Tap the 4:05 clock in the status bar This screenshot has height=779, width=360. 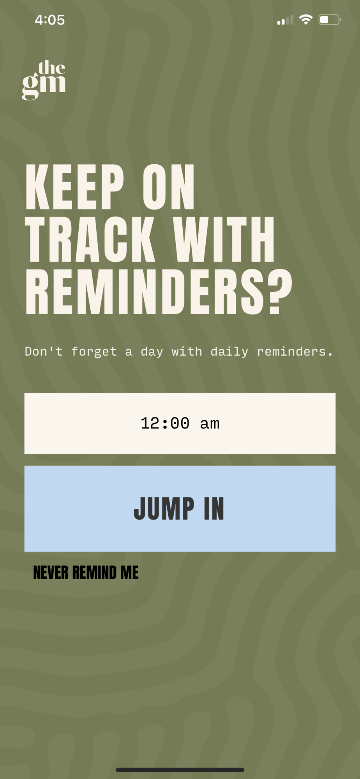[x=50, y=20]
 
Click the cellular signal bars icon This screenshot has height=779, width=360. [x=285, y=20]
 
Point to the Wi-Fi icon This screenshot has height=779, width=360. [x=306, y=19]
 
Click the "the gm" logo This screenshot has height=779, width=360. [x=44, y=80]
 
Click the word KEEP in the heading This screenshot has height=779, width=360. [x=74, y=187]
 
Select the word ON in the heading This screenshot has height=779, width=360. [x=168, y=187]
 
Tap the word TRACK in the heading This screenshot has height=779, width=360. [x=90, y=239]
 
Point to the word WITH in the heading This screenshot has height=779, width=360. [x=224, y=239]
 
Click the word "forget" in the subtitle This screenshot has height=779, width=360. [x=94, y=352]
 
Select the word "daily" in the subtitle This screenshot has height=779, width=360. [x=229, y=352]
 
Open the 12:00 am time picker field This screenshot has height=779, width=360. [x=180, y=423]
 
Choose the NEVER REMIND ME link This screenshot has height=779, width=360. [x=86, y=573]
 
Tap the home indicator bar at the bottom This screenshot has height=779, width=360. [x=180, y=770]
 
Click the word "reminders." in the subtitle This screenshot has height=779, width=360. [x=295, y=352]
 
